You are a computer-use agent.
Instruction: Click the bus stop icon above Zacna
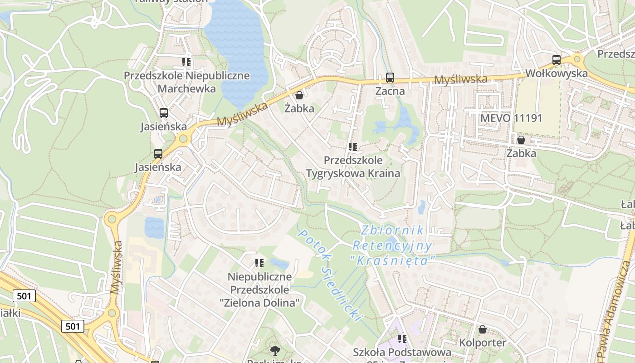[390, 78]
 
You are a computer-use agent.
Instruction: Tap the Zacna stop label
[390, 91]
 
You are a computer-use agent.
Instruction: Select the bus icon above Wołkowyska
[556, 59]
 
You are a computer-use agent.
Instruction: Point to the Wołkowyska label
[556, 74]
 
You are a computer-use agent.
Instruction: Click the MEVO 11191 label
[511, 118]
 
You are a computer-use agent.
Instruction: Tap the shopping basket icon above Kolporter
[483, 329]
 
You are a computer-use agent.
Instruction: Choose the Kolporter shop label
[483, 343]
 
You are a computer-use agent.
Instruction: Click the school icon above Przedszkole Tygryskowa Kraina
[353, 147]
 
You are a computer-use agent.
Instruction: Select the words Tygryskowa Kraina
[353, 173]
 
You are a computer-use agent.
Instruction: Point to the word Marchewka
[186, 88]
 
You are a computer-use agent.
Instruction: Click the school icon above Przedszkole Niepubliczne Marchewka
[186, 62]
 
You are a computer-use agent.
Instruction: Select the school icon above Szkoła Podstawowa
[402, 338]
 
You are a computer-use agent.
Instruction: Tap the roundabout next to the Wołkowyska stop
[577, 59]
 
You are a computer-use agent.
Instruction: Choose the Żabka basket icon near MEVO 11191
[521, 140]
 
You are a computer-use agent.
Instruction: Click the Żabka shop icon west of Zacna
[299, 95]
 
